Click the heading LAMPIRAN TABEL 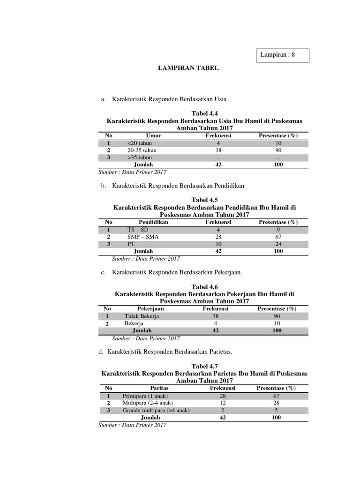click(x=188, y=68)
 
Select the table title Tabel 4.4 click(x=205, y=113)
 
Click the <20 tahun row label click(x=139, y=143)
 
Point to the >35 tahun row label click(x=139, y=157)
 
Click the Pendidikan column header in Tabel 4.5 click(x=153, y=222)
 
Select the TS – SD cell click(x=138, y=230)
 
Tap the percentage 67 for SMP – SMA click(x=278, y=237)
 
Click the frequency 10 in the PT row click(x=218, y=244)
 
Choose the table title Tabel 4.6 click(x=205, y=286)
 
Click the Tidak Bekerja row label click(x=142, y=316)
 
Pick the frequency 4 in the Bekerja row click(x=216, y=323)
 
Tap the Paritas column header click(x=159, y=388)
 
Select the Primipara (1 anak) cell click(x=145, y=396)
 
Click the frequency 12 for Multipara click(x=223, y=403)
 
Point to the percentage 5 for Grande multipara click(x=277, y=410)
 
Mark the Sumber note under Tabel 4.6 click(x=146, y=338)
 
